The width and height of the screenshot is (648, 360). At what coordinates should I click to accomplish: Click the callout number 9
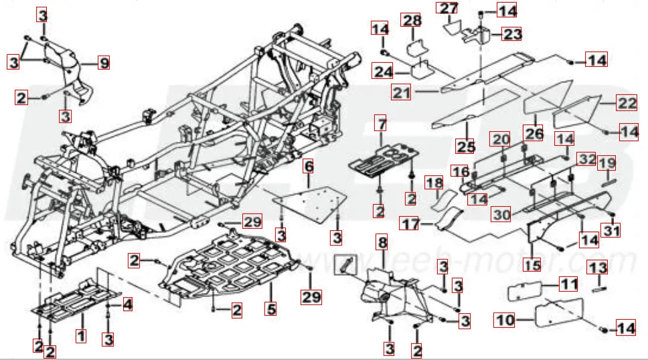[103, 64]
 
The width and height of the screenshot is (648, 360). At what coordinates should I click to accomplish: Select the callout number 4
[127, 304]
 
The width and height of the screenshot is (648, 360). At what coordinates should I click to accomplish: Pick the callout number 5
[270, 310]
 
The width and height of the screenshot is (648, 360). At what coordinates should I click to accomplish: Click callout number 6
[309, 165]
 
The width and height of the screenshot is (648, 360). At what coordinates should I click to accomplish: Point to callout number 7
[381, 124]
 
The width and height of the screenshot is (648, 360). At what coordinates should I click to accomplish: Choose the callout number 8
[382, 242]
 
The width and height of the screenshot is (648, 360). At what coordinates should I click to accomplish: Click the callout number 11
[568, 284]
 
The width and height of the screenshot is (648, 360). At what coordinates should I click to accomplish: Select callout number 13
[597, 268]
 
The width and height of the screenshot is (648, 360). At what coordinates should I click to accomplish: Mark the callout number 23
[512, 33]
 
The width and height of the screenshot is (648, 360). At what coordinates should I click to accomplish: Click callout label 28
[411, 20]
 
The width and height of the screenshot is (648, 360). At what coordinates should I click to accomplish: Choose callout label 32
[586, 159]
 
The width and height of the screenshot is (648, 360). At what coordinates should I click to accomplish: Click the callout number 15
[532, 265]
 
